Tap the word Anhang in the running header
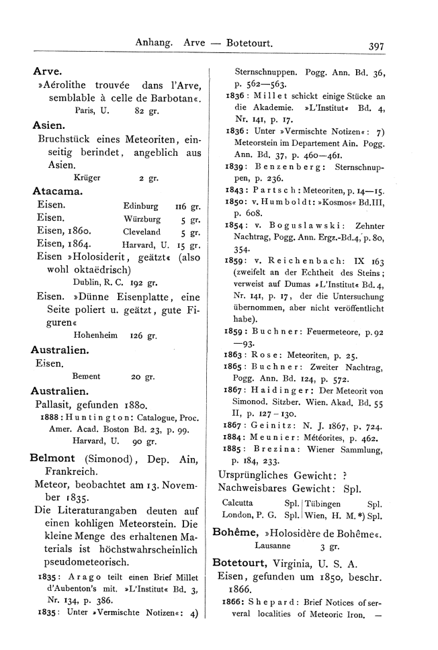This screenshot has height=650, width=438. [x=155, y=44]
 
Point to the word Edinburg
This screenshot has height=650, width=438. [x=141, y=207]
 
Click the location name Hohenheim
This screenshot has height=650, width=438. [x=93, y=335]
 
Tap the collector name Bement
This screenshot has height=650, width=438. [x=86, y=377]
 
